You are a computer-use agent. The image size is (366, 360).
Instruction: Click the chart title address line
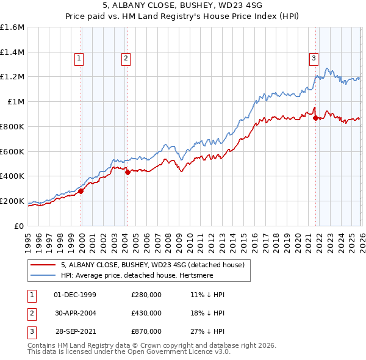(x=182, y=7)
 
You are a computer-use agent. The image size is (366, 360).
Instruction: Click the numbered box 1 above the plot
(x=79, y=59)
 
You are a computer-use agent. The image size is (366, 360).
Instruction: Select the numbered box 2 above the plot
(x=125, y=59)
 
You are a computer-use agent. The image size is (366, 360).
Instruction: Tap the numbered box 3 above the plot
(x=314, y=59)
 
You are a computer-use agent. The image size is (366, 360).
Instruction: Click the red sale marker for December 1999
(x=81, y=191)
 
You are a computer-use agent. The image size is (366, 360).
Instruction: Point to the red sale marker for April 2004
(x=127, y=172)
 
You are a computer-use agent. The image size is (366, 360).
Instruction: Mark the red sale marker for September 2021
(x=315, y=118)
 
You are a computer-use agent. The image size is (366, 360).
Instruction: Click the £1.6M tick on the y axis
(x=12, y=27)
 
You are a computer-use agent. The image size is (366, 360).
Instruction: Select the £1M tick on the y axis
(x=15, y=102)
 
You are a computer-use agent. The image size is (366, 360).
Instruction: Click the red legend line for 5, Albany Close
(x=43, y=265)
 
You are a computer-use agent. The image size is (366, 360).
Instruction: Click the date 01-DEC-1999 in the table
(x=75, y=295)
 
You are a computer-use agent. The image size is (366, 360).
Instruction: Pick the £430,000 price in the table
(x=146, y=313)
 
